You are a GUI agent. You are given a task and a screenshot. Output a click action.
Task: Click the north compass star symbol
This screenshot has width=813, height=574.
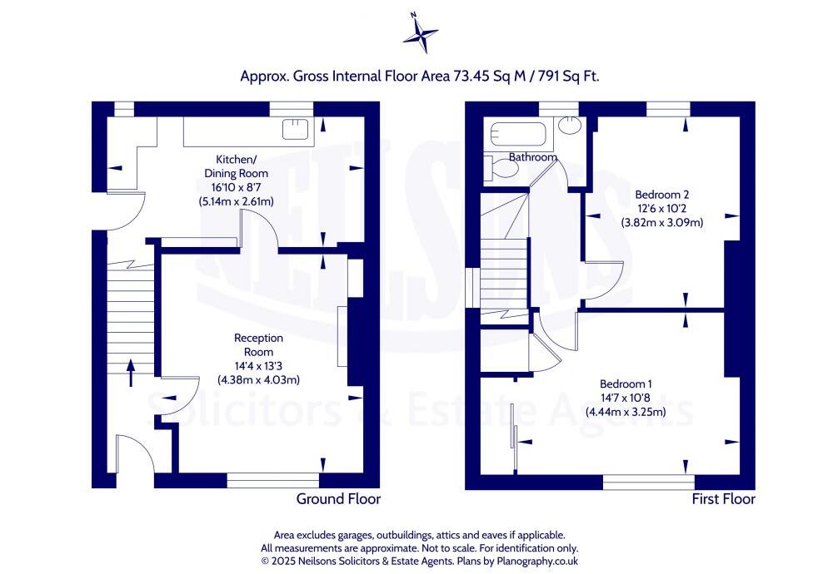click(x=420, y=33)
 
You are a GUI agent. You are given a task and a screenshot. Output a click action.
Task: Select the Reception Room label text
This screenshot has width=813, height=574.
click(x=258, y=344)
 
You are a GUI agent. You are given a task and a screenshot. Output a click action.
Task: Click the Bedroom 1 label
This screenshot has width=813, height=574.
click(x=626, y=383)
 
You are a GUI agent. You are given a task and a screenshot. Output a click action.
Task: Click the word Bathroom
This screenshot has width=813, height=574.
click(x=533, y=157)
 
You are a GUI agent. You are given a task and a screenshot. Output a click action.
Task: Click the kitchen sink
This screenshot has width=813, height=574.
click(x=296, y=129)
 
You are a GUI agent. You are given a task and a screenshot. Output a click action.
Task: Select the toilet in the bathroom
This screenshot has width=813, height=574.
click(x=502, y=170)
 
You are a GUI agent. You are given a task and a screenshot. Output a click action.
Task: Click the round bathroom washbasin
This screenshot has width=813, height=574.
click(x=570, y=126)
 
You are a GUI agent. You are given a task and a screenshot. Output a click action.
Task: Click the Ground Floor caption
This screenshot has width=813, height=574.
click(x=338, y=499)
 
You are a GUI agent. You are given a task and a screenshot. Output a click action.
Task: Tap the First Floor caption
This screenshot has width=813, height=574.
click(x=723, y=499)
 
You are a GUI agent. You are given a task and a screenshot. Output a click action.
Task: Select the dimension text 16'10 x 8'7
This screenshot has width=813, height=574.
click(x=237, y=187)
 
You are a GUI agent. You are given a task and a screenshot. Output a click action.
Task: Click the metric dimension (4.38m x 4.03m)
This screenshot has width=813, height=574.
click(x=258, y=380)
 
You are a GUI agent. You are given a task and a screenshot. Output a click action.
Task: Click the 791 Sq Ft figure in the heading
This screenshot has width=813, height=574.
click(x=567, y=76)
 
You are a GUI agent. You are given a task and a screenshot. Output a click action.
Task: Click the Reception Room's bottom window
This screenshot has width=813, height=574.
click(x=272, y=480)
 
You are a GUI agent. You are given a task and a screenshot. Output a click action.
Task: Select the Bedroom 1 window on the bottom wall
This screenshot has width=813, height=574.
click(x=648, y=482)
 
